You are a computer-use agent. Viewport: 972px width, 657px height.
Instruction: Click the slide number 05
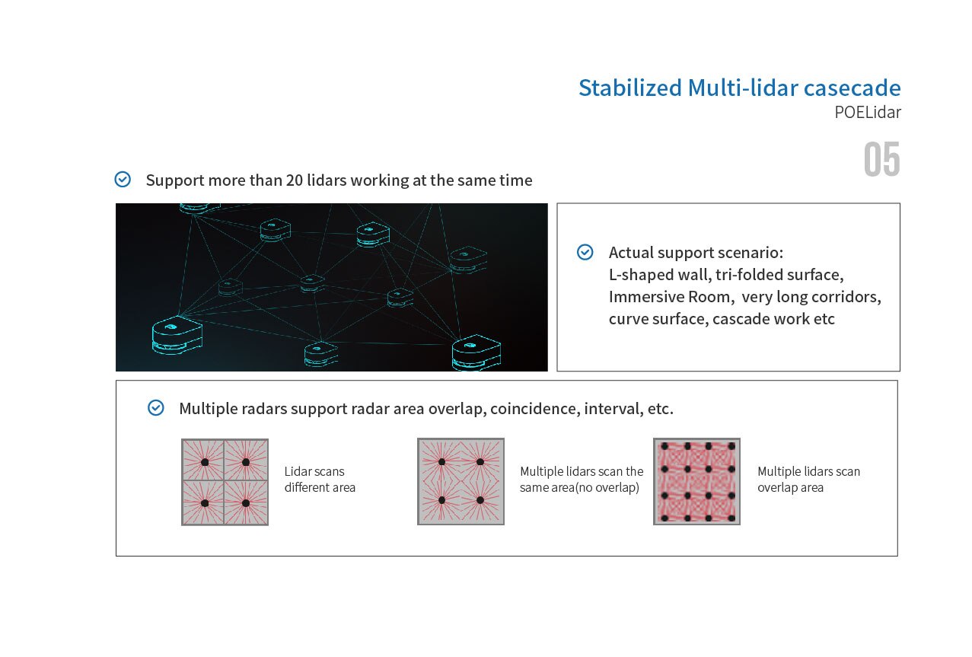(881, 159)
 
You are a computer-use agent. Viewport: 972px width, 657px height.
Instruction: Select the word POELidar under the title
(868, 113)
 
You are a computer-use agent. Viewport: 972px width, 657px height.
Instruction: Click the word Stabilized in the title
(630, 88)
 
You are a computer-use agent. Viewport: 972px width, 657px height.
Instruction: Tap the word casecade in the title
(852, 88)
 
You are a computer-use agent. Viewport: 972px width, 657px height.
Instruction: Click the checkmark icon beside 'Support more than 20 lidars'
(123, 179)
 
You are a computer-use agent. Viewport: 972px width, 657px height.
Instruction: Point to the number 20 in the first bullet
(295, 180)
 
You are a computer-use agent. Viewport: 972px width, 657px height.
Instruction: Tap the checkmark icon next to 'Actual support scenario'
(585, 252)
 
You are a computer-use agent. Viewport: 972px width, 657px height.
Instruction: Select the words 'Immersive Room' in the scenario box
(671, 297)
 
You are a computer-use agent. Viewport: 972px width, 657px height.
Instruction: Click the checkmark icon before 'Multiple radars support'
(156, 408)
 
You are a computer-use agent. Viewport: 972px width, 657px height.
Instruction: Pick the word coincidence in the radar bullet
(534, 409)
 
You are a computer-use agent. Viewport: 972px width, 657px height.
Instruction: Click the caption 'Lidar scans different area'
(320, 479)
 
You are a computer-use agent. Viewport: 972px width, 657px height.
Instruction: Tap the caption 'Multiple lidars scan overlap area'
(808, 479)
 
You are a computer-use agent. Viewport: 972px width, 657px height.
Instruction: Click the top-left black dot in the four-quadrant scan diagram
(205, 462)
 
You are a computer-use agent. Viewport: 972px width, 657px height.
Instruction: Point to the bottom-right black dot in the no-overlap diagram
(480, 500)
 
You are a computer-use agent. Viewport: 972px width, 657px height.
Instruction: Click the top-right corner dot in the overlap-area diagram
(731, 446)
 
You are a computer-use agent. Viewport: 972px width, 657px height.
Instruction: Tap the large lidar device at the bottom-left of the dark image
(177, 334)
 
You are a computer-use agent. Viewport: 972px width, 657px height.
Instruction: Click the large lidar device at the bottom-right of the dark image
(476, 352)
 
